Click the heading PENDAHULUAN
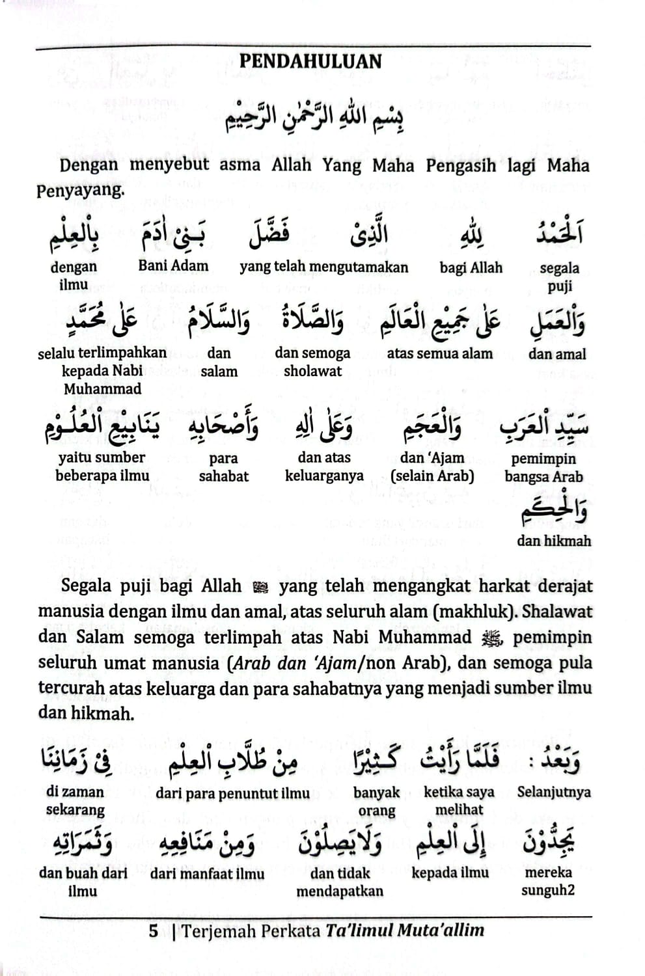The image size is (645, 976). click(x=310, y=62)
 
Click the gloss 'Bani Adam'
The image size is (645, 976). click(x=173, y=265)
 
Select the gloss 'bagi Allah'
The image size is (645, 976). click(x=471, y=267)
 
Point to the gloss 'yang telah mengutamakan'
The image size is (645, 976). click(x=323, y=267)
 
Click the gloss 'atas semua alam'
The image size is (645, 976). click(x=439, y=354)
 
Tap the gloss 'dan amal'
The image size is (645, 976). click(x=556, y=354)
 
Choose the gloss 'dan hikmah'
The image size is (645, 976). click(x=554, y=541)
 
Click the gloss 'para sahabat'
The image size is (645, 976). click(x=223, y=467)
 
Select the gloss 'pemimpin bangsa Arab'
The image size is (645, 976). click(x=543, y=467)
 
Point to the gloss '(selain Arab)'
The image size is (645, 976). click(x=432, y=476)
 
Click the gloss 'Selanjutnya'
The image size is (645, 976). click(x=554, y=792)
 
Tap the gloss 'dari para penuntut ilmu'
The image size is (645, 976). click(x=232, y=793)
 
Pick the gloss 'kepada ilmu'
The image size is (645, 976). click(x=450, y=873)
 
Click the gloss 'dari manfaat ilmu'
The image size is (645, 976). click(x=207, y=873)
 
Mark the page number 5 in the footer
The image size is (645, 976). click(x=154, y=930)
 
